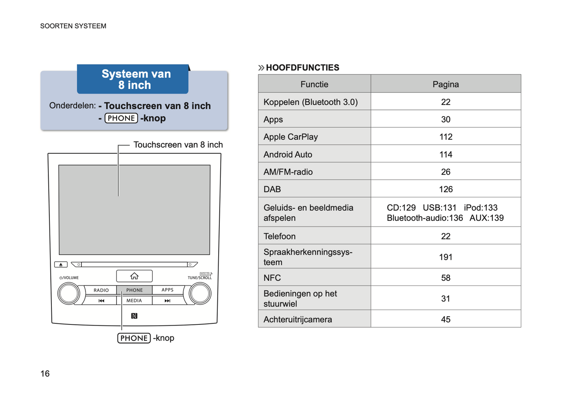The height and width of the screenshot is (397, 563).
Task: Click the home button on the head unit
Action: [x=134, y=276]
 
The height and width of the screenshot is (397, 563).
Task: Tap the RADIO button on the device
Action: [x=101, y=290]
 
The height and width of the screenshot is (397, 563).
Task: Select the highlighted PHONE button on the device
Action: [x=134, y=290]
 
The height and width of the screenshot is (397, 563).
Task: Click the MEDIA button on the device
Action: [x=134, y=301]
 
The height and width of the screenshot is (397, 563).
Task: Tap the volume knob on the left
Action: [x=69, y=294]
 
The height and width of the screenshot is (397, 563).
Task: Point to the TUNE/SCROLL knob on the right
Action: [x=200, y=294]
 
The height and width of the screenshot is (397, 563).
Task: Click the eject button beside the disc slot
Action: [x=61, y=264]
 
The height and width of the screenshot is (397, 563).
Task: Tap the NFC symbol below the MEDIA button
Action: [x=134, y=316]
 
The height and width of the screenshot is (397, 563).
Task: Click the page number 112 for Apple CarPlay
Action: [x=446, y=137]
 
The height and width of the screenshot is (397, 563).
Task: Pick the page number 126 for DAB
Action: [x=446, y=189]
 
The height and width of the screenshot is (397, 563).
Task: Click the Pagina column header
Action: [x=446, y=84]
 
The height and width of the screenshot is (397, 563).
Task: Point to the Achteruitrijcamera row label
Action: [x=298, y=319]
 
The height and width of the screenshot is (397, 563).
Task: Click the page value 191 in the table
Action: [x=446, y=257]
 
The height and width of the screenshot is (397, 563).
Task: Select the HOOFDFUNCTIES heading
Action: [x=302, y=67]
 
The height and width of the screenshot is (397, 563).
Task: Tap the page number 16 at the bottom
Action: [x=45, y=374]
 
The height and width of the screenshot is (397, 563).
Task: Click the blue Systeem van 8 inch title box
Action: [x=133, y=79]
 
